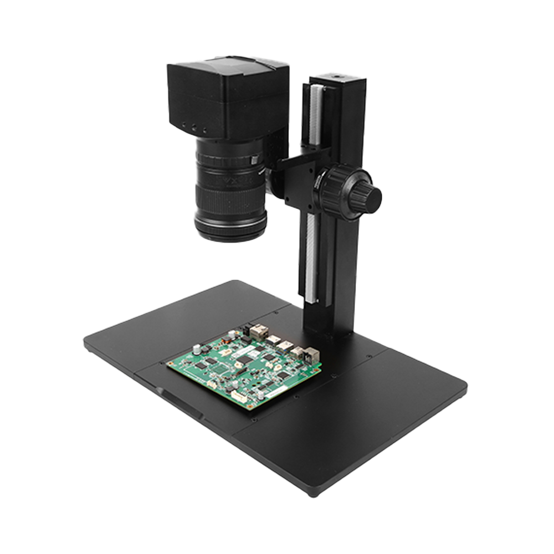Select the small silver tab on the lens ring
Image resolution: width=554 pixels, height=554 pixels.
tap(254, 160)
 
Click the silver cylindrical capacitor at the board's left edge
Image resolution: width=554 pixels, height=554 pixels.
tap(197, 350)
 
